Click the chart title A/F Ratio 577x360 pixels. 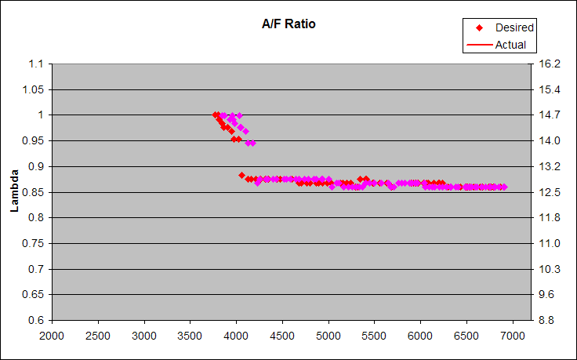coord(288,24)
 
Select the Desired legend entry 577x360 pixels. coord(514,28)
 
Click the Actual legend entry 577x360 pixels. coord(510,45)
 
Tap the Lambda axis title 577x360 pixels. coord(14,192)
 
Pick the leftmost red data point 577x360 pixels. coord(216,115)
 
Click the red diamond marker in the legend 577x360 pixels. coord(479,28)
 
